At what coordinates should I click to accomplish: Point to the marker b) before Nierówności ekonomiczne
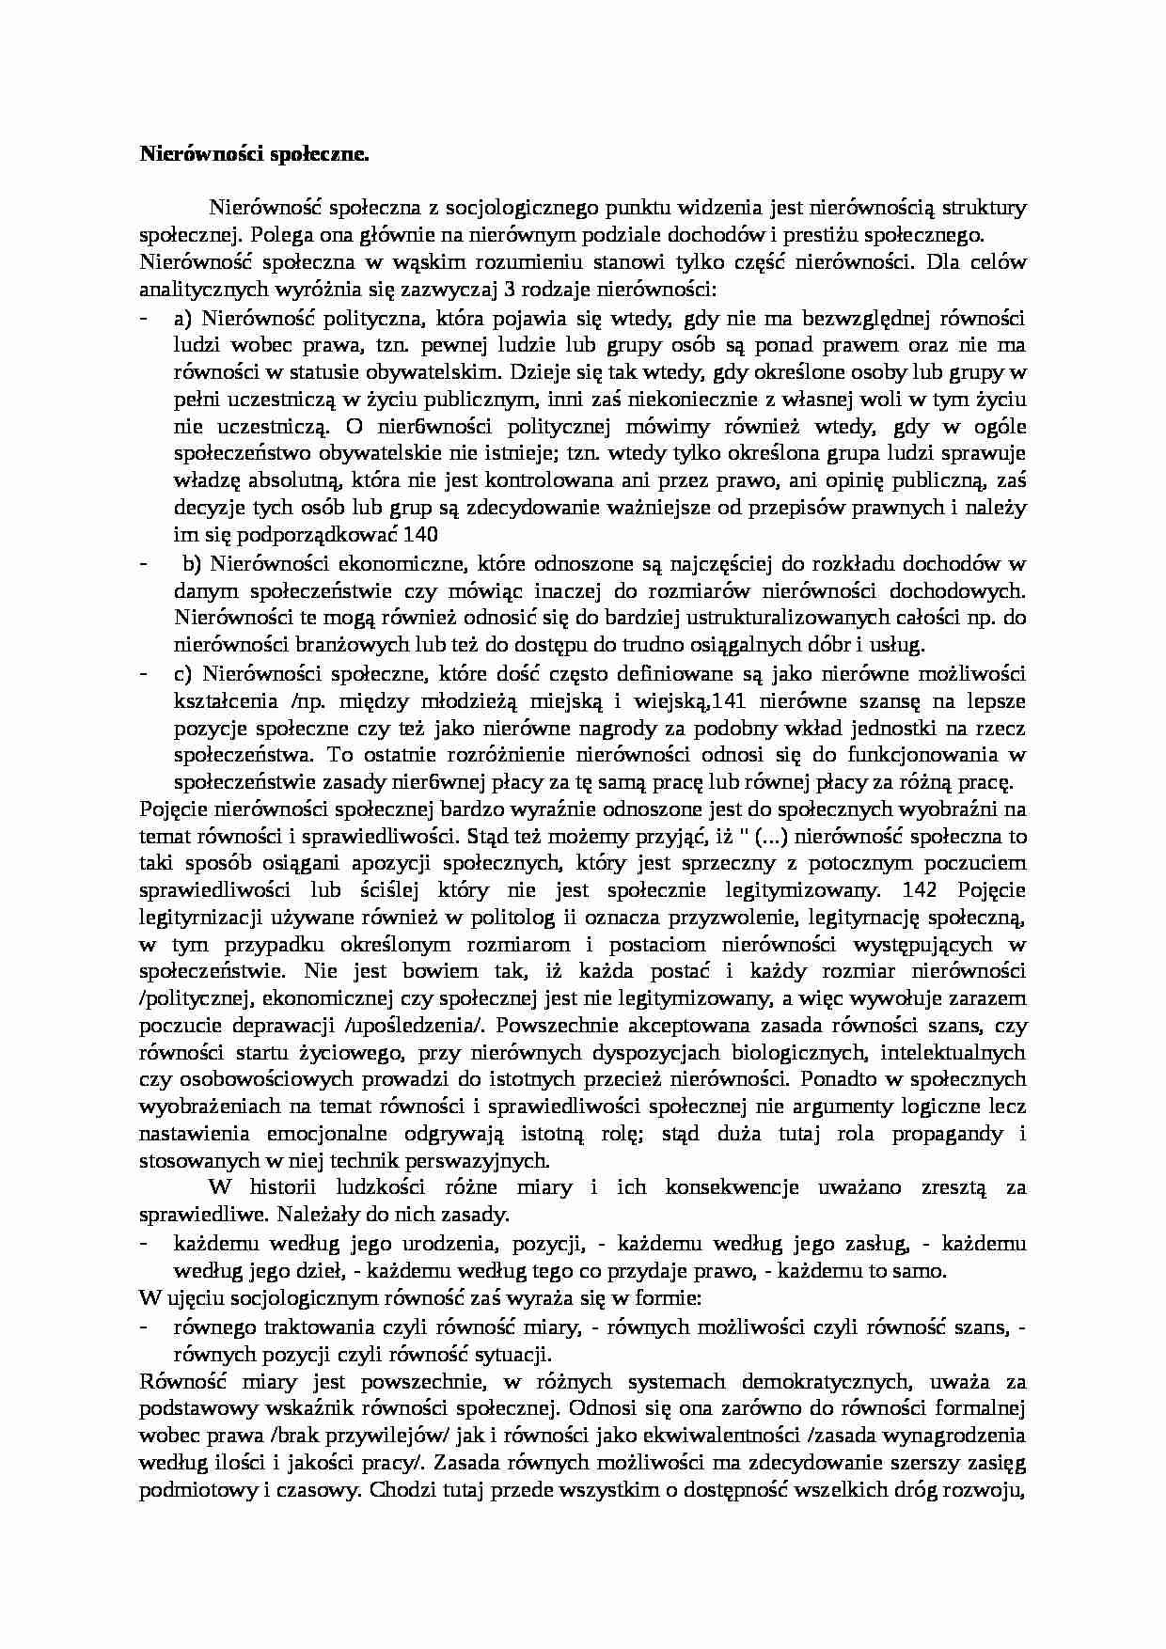193,564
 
